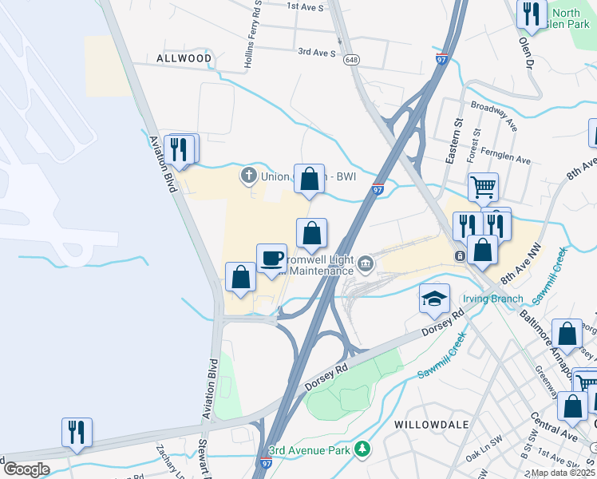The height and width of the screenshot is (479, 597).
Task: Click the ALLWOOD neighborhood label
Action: (184, 58)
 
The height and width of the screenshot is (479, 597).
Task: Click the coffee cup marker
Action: (271, 258)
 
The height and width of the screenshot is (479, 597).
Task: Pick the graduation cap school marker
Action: (435, 299)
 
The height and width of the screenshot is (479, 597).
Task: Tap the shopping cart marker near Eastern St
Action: (483, 188)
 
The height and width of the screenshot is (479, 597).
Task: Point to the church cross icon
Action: (248, 174)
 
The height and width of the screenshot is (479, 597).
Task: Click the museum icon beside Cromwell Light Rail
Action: (366, 262)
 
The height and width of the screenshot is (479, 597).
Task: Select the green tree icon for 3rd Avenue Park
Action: (362, 450)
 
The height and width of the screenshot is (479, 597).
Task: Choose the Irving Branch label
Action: (493, 299)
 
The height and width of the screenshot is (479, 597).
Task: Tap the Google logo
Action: (26, 469)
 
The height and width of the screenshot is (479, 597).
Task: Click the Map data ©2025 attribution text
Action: (563, 473)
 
